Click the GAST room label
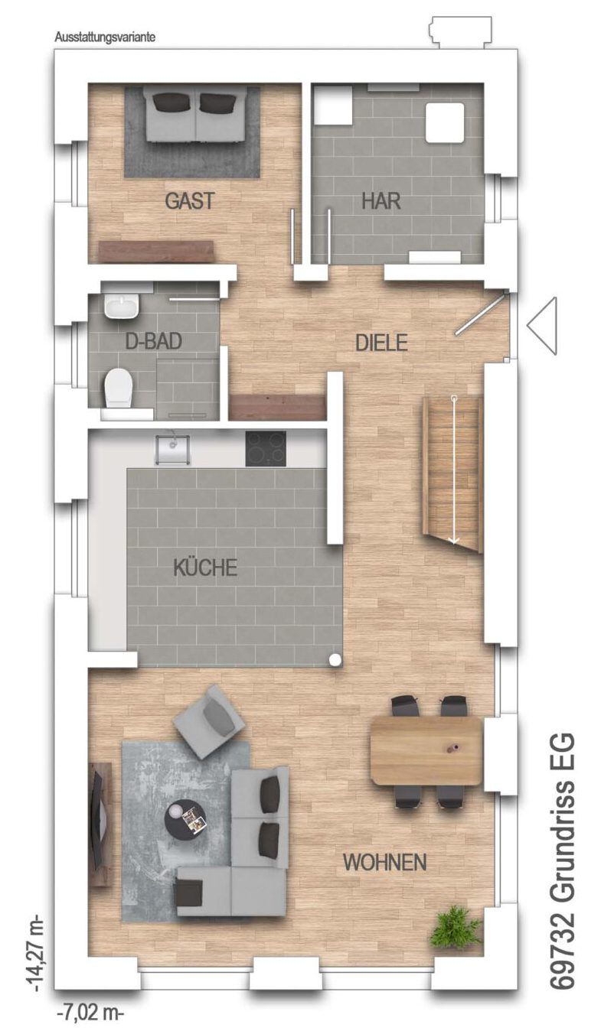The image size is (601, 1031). pyautogui.click(x=190, y=201)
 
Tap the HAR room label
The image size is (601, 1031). pyautogui.click(x=381, y=201)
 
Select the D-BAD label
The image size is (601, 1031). pyautogui.click(x=153, y=342)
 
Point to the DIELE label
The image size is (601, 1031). pyautogui.click(x=381, y=343)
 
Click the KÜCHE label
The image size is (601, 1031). pyautogui.click(x=205, y=567)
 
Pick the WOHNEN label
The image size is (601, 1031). pyautogui.click(x=385, y=862)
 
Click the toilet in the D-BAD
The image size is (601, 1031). pyautogui.click(x=119, y=387)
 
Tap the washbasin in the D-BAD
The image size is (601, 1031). pyautogui.click(x=122, y=306)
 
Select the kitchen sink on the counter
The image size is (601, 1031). pyautogui.click(x=173, y=449)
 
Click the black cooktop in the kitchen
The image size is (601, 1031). pyautogui.click(x=266, y=448)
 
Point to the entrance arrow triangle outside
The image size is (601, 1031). pyautogui.click(x=542, y=325)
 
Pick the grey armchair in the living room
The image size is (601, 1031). pyautogui.click(x=209, y=722)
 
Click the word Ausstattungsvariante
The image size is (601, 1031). pyautogui.click(x=105, y=37)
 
